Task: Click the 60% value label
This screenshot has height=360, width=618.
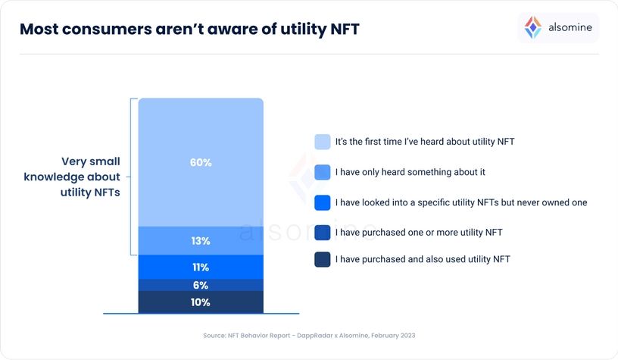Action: pyautogui.click(x=201, y=163)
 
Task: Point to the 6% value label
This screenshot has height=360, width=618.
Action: pyautogui.click(x=201, y=285)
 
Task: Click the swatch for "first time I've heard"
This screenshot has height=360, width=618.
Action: pyautogui.click(x=322, y=142)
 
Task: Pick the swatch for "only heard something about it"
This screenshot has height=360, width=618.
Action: pyautogui.click(x=322, y=172)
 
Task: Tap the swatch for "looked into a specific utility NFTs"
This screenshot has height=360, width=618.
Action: pyautogui.click(x=322, y=202)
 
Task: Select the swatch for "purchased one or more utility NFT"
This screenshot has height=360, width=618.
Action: pyautogui.click(x=322, y=232)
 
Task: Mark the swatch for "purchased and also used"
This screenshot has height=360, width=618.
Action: pyautogui.click(x=322, y=259)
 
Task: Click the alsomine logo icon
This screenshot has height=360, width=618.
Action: pyautogui.click(x=533, y=28)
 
